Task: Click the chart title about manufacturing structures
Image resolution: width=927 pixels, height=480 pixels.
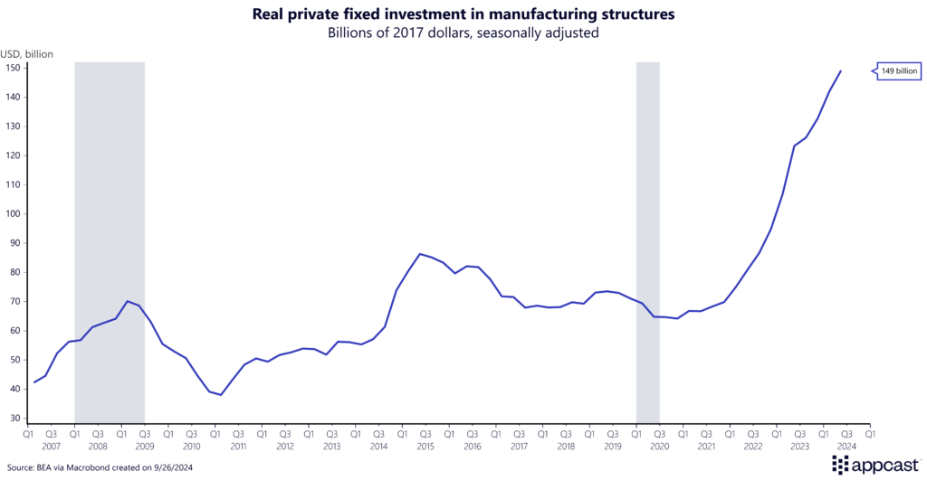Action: [463, 15]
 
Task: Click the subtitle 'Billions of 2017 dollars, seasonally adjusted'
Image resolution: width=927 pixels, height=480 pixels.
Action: [463, 33]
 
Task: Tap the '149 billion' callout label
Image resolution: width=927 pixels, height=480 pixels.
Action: [897, 71]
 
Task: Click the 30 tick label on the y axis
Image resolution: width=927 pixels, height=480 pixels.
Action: [14, 419]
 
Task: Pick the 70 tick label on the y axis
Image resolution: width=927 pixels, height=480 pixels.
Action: [14, 302]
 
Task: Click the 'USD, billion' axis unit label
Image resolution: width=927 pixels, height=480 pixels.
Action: [28, 54]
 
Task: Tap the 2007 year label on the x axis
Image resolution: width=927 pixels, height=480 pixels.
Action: [51, 447]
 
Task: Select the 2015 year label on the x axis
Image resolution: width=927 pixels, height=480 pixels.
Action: [425, 447]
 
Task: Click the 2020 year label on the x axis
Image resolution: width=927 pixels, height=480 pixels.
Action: [659, 447]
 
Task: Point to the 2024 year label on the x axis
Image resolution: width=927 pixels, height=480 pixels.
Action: [846, 447]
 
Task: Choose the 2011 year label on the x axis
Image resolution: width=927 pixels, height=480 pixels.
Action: [238, 447]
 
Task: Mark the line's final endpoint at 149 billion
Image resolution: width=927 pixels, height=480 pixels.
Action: [841, 71]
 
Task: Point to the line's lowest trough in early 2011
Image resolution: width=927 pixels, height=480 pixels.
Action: [220, 395]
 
